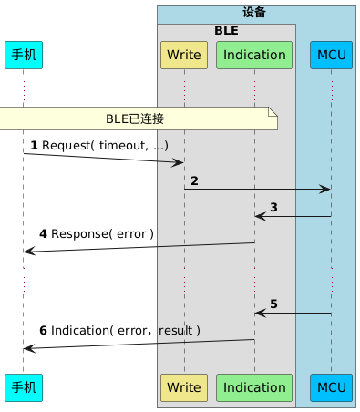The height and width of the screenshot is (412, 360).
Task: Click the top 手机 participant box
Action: (23, 55)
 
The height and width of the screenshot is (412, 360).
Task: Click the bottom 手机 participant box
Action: (23, 387)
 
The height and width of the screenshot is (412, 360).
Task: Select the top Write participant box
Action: (184, 55)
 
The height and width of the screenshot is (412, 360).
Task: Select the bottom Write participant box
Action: (184, 387)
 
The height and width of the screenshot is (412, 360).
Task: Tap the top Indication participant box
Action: (254, 55)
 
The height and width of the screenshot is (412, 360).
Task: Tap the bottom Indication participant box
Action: (254, 387)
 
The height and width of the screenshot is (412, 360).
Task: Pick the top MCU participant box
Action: (331, 55)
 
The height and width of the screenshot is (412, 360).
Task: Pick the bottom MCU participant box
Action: (331, 387)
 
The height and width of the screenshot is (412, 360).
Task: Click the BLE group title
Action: (226, 30)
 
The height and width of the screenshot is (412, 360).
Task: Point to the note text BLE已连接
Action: (136, 118)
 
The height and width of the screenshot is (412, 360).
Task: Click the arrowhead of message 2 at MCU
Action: (325, 189)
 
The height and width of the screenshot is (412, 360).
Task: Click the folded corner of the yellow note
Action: (273, 112)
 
